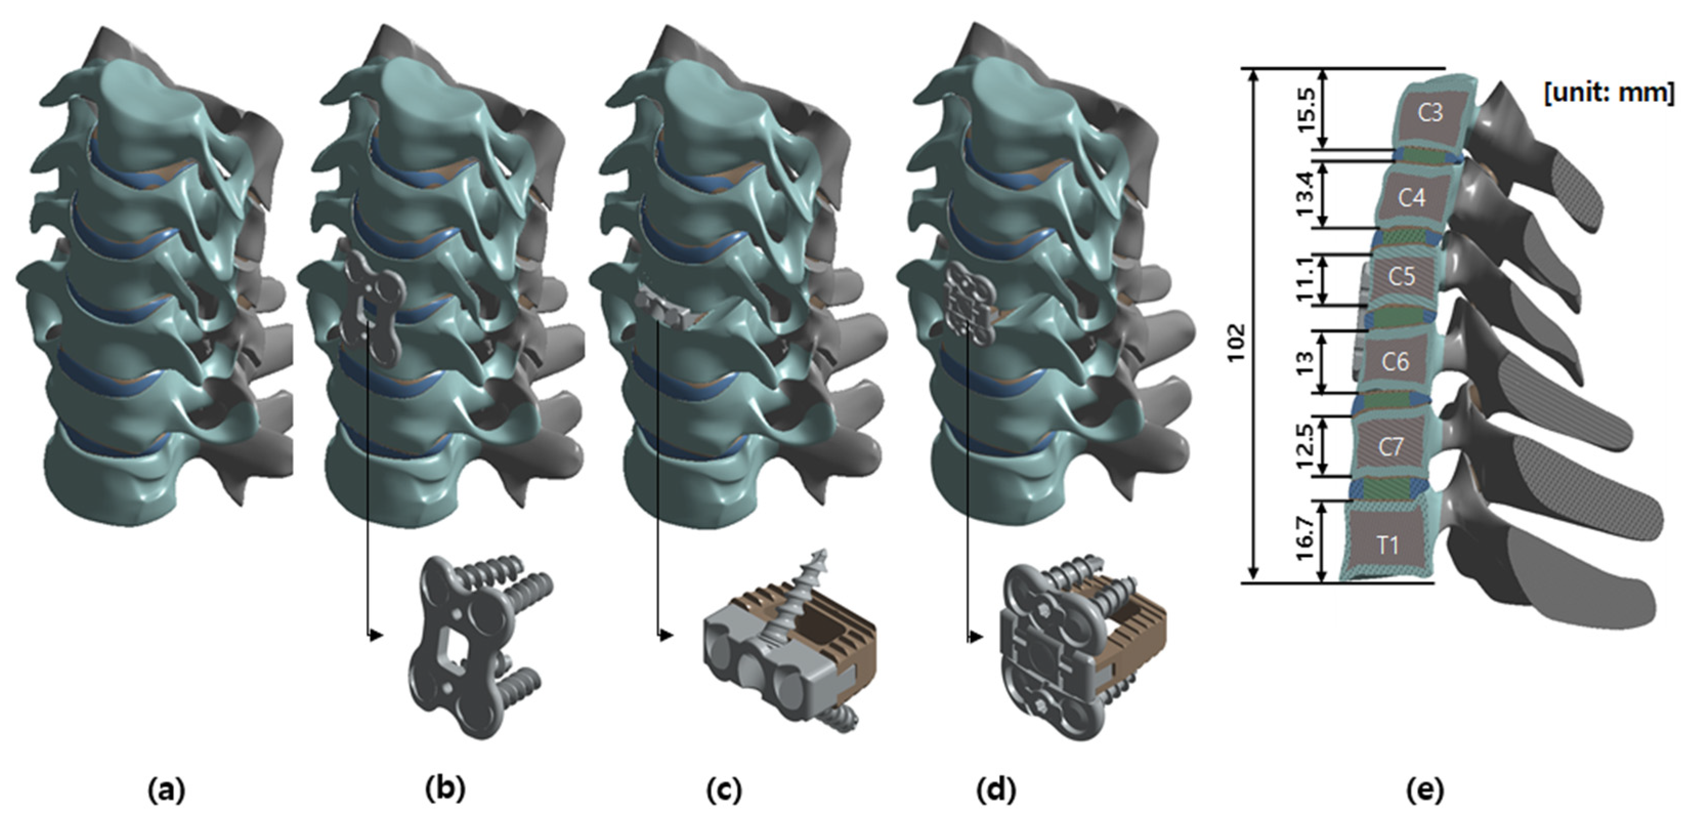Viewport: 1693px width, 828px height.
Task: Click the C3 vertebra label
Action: pos(1430,113)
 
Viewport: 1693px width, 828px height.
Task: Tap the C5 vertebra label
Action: pos(1401,276)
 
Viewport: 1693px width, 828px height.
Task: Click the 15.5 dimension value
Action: pos(1306,111)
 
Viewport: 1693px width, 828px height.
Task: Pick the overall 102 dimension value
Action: pos(1236,342)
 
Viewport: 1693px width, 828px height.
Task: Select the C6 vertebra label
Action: pos(1395,361)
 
